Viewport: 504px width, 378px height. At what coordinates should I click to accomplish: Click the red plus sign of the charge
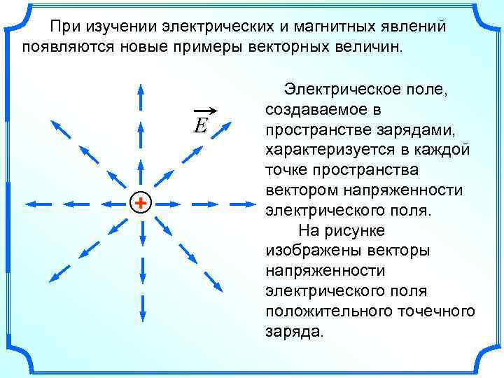tap(141, 203)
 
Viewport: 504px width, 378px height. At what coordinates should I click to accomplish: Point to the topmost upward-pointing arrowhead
tap(141, 89)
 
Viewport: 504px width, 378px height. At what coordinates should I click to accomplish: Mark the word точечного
tap(433, 310)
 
